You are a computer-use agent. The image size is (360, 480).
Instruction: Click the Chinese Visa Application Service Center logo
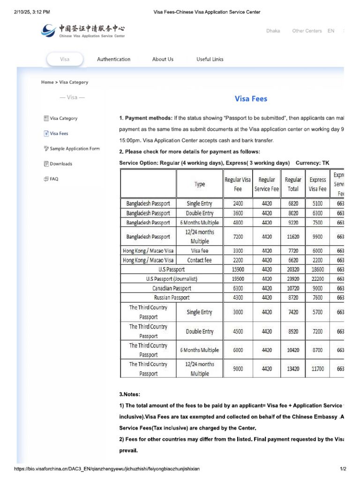(x=83, y=31)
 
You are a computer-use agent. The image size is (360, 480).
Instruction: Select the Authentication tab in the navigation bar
(x=113, y=59)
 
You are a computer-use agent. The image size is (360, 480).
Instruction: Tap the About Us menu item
(x=163, y=59)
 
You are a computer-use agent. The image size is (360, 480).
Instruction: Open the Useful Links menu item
(x=210, y=59)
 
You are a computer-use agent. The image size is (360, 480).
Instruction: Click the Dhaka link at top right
(x=273, y=31)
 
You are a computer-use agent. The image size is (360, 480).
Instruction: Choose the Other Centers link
(x=307, y=31)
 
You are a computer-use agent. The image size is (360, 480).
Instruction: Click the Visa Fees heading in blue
(x=251, y=99)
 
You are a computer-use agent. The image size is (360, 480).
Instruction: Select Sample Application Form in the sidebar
(x=75, y=149)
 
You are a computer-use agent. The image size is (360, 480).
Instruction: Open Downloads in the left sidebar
(x=61, y=164)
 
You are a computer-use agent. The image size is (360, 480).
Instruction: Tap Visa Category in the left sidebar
(x=63, y=118)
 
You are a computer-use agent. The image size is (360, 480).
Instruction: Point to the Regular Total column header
(x=293, y=184)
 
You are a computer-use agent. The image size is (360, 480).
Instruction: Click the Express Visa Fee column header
(x=317, y=184)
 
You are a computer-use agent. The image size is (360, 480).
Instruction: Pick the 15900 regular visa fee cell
(x=238, y=270)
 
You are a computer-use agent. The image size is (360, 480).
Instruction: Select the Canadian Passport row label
(x=172, y=288)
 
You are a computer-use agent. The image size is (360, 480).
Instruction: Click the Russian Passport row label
(x=172, y=298)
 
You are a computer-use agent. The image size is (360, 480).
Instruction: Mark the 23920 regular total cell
(x=293, y=279)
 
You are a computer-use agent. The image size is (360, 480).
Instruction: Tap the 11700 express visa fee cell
(x=317, y=369)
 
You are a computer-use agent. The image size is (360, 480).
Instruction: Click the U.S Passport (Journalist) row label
(x=172, y=279)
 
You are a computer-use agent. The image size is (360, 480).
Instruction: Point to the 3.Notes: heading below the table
(x=130, y=394)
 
